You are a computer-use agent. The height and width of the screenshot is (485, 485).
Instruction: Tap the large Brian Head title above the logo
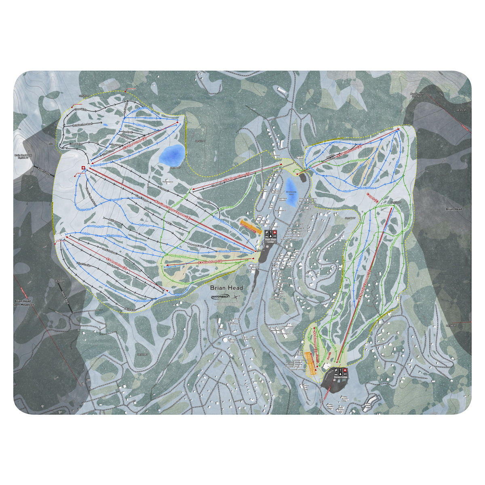pyautogui.click(x=226, y=288)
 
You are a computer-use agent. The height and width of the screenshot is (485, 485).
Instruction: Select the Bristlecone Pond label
pyautogui.click(x=291, y=193)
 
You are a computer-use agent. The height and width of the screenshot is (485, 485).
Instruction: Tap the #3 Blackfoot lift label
pyautogui.click(x=211, y=262)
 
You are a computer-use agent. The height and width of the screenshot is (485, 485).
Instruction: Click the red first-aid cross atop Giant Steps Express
pyautogui.click(x=83, y=168)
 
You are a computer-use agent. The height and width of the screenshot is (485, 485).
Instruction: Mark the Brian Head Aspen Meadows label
pyautogui.click(x=24, y=303)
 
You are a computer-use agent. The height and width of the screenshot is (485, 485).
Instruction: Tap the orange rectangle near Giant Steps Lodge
pyautogui.click(x=249, y=227)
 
